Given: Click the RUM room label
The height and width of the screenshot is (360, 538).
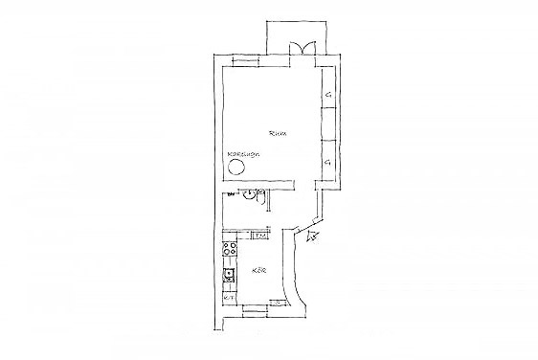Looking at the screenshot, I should [279, 133].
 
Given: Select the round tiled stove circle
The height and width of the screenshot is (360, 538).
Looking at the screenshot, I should [237, 168].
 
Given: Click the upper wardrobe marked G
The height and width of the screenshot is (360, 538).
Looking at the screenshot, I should [327, 94].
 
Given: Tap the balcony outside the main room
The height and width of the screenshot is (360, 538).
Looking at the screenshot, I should [298, 34].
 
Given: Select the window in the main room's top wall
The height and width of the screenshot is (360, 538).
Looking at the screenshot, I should [244, 61].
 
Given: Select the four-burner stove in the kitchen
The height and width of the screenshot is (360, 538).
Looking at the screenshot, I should [230, 251].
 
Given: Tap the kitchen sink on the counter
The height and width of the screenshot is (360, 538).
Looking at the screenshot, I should [230, 279].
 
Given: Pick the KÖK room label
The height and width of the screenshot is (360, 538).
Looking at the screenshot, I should [258, 271].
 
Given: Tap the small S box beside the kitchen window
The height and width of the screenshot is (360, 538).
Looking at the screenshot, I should [278, 303].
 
